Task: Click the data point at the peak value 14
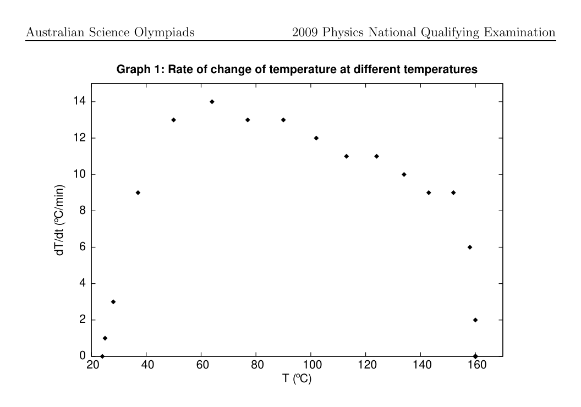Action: (x=212, y=102)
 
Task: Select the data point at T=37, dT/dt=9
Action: (x=138, y=193)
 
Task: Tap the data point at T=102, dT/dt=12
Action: (x=316, y=138)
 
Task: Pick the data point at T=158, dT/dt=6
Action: (x=470, y=247)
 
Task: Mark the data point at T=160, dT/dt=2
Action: (x=475, y=320)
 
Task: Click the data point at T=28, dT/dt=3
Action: (x=113, y=302)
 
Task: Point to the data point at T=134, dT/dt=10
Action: (x=404, y=174)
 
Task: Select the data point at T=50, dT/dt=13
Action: (x=173, y=120)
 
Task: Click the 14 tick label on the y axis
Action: (x=80, y=101)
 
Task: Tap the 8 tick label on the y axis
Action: (x=83, y=210)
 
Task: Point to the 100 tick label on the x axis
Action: (x=313, y=365)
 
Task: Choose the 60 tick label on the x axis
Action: (x=202, y=365)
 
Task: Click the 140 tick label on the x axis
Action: (x=422, y=365)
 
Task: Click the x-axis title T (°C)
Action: (x=297, y=378)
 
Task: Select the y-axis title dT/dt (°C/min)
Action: (x=59, y=221)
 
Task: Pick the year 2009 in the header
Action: (x=305, y=32)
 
